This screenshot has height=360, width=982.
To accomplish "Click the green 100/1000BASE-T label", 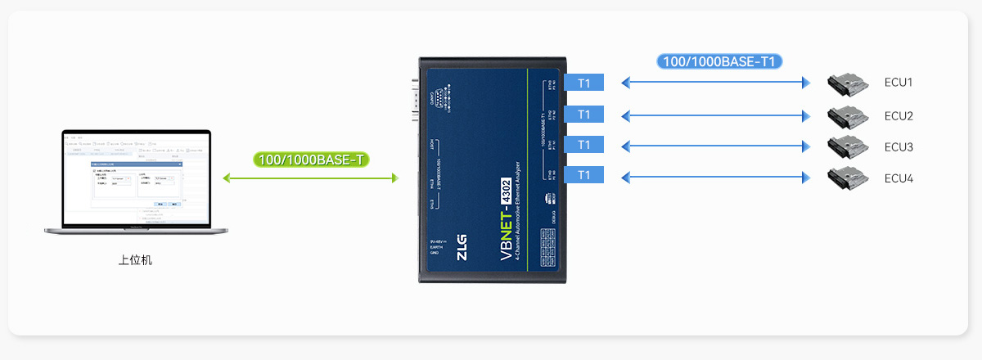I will pos(311,160).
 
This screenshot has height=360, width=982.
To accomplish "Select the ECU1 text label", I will pos(898,83).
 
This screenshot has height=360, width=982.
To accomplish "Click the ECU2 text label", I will pos(898,115).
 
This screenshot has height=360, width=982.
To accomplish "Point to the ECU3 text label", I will pos(898,147).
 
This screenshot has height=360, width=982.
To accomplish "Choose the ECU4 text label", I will pos(898,178).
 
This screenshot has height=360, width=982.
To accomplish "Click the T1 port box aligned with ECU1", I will pos(583,83).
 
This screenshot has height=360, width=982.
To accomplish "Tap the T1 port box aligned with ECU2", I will pos(583,115).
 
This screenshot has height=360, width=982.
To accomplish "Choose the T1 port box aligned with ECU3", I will pos(583,145).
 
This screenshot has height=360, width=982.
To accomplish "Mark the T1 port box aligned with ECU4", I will pos(583,175).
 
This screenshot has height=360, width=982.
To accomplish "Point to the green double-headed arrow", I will pos(310,178).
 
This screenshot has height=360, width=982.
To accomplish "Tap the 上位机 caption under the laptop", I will pos(135,261).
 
